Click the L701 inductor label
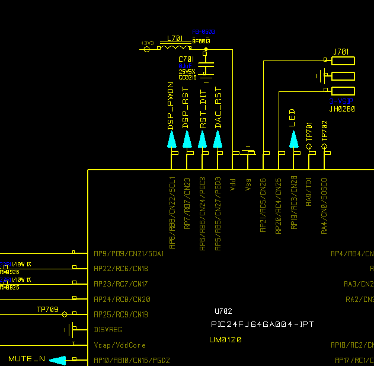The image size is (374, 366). coord(175,38)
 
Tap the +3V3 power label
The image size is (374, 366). coord(147,43)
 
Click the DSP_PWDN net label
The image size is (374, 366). coord(171,106)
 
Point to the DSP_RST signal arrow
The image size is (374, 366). coord(187,139)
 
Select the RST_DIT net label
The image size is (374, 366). coord(202,109)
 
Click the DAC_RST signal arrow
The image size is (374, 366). coord(218,139)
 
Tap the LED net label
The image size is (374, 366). coord(292,118)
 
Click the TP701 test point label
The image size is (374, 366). coord(309,131)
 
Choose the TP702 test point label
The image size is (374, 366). coord(324,131)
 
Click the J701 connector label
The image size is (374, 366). coord(341,52)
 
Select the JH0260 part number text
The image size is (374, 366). coord(342,109)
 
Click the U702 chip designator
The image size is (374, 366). coord(223,311)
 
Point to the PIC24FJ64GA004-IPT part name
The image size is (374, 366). coord(262,324)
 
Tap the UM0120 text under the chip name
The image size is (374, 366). coord(225,340)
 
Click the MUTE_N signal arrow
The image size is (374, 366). coord(57,359)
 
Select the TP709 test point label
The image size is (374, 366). coord(47,309)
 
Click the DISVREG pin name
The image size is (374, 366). coord(108,330)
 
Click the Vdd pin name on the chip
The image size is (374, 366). coord(233,184)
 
